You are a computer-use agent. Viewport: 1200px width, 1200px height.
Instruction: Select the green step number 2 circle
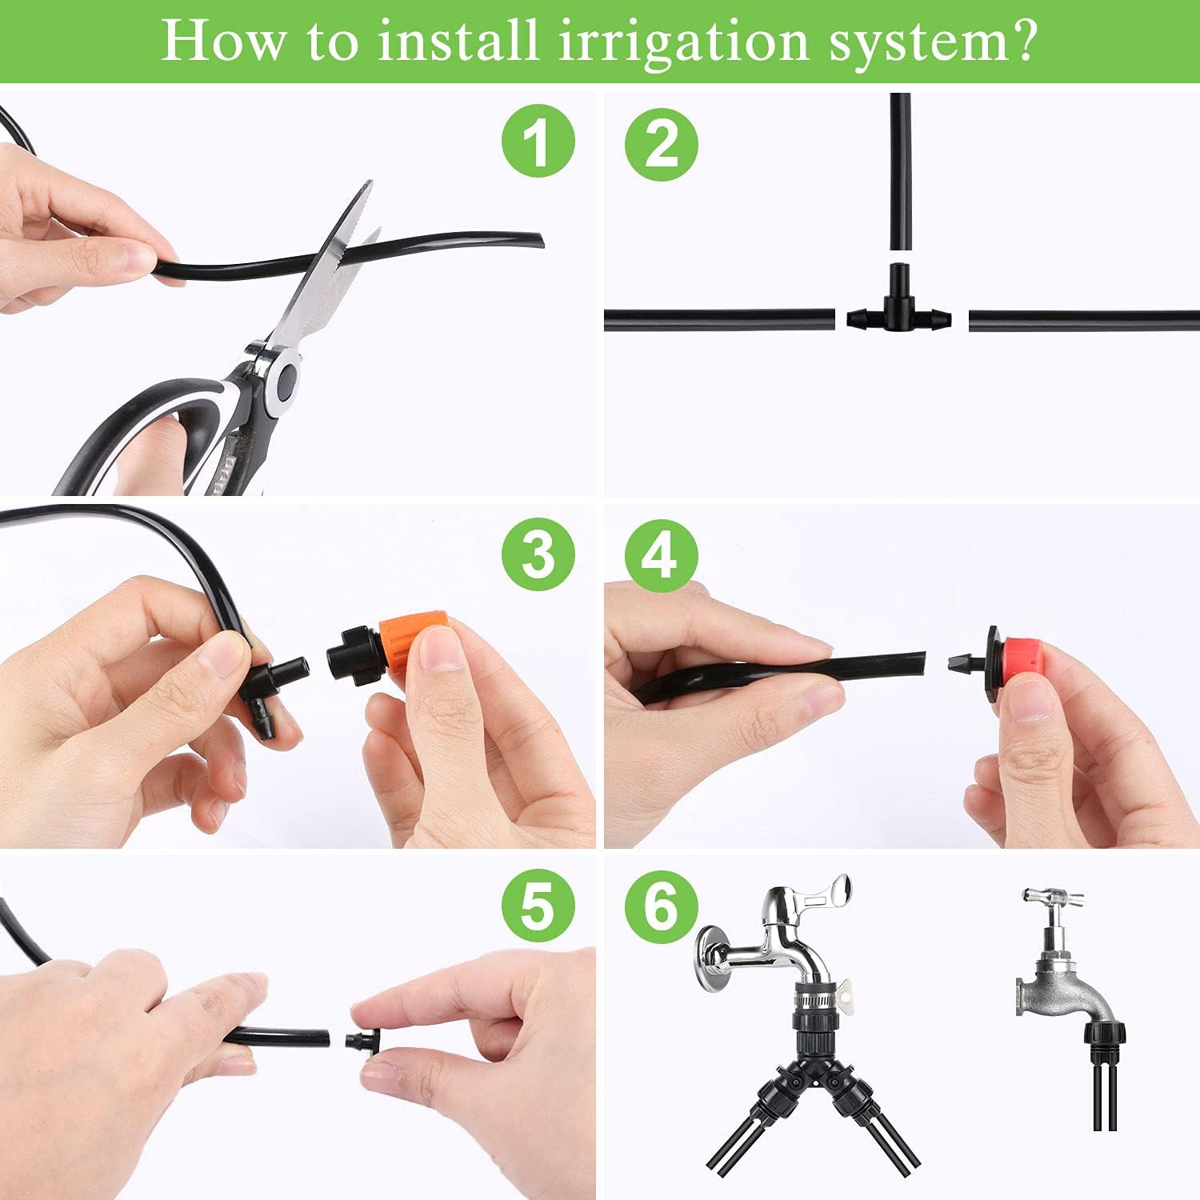pos(662,143)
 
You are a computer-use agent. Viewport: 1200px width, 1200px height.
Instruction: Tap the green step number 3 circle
pos(538,554)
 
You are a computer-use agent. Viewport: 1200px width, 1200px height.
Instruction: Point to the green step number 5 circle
pos(538,906)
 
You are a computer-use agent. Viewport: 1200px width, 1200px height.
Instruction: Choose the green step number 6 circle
pos(661,906)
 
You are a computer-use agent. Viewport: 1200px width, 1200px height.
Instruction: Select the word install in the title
pos(458,40)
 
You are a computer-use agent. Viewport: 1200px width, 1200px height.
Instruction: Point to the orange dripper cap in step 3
pos(411,645)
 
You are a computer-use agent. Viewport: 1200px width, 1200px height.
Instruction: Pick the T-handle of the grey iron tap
pos(1050,897)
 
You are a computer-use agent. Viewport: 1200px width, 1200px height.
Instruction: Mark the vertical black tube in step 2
pos(900,172)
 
